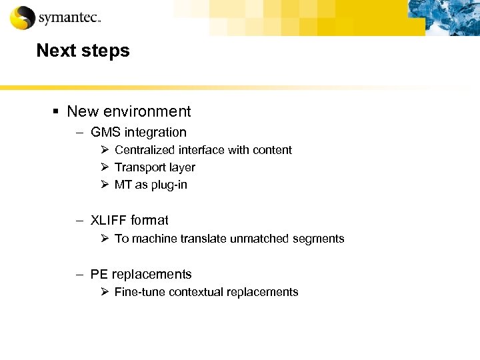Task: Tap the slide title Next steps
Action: pos(83,51)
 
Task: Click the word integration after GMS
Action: pos(155,132)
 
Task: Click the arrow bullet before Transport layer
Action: pos(105,167)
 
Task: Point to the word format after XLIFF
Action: pos(149,220)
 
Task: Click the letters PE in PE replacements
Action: pos(99,274)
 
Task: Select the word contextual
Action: pos(194,291)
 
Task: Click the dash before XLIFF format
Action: pos(79,220)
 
